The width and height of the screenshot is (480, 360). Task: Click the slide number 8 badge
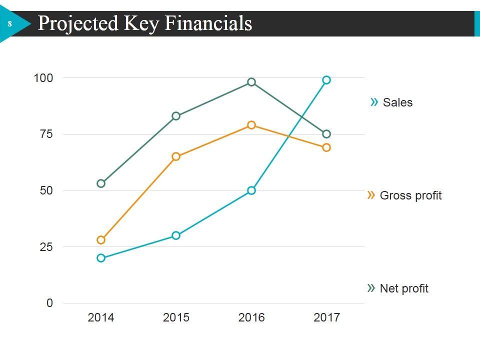point(9,24)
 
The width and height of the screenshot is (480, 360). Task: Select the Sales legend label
point(397,102)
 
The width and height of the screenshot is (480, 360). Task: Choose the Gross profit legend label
point(410,195)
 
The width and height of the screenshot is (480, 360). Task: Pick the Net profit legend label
point(404,288)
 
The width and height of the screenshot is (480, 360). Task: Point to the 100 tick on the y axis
point(43,78)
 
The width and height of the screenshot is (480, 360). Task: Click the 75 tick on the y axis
point(46,134)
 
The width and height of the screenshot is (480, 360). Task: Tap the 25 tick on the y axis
point(46,247)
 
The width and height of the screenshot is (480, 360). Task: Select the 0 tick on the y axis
point(49,303)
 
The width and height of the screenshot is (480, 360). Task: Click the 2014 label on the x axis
point(101,317)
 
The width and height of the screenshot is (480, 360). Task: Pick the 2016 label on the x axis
point(251,317)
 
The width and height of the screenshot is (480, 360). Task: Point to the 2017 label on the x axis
point(326,317)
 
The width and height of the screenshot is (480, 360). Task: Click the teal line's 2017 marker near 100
point(326,80)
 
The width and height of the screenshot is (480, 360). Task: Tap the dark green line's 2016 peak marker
point(251,82)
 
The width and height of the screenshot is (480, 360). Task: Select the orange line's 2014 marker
point(101,240)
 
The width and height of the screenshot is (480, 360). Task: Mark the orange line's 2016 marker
point(251,125)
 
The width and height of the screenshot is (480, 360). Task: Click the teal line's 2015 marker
point(176,235)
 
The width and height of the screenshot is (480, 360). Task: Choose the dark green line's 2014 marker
point(101,183)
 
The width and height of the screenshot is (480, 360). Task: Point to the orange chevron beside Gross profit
point(371,195)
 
